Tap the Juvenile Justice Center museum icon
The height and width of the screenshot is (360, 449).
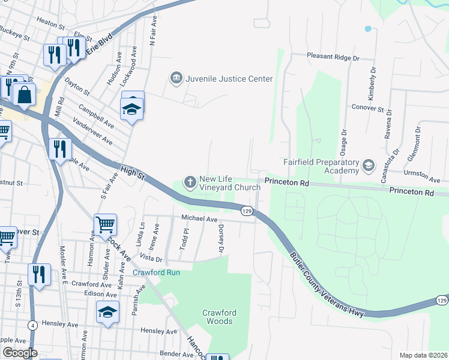[176, 78]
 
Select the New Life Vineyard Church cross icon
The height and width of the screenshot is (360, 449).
[190, 181]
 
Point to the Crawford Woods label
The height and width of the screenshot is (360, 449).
[218, 317]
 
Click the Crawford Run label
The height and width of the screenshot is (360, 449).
[156, 272]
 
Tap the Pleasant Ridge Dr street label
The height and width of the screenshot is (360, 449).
[333, 58]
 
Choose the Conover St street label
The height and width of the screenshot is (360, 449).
[367, 109]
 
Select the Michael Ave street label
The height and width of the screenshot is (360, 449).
[199, 220]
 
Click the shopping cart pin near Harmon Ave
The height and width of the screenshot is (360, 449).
[106, 225]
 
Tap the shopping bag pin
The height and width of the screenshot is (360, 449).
[24, 95]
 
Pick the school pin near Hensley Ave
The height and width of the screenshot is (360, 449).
[108, 312]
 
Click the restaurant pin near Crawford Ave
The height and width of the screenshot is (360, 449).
[39, 275]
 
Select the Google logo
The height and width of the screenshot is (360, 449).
[20, 353]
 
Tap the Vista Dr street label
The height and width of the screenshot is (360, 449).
[151, 258]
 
